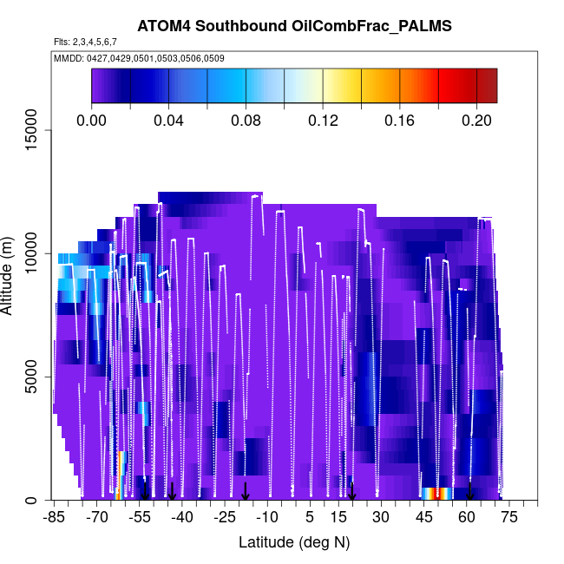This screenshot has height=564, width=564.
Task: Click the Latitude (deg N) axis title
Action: (x=293, y=542)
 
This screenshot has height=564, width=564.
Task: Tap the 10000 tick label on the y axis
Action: (x=30, y=254)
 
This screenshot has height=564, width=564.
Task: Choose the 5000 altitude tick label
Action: (x=30, y=377)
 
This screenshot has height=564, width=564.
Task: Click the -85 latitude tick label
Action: (x=54, y=518)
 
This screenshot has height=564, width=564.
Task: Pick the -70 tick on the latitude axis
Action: (x=96, y=518)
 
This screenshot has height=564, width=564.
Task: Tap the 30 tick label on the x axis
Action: (x=381, y=518)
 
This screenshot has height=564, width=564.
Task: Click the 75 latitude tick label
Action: (x=509, y=518)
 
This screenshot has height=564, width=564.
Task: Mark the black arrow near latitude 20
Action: (x=352, y=491)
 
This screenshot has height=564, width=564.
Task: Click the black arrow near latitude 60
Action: (x=469, y=491)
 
